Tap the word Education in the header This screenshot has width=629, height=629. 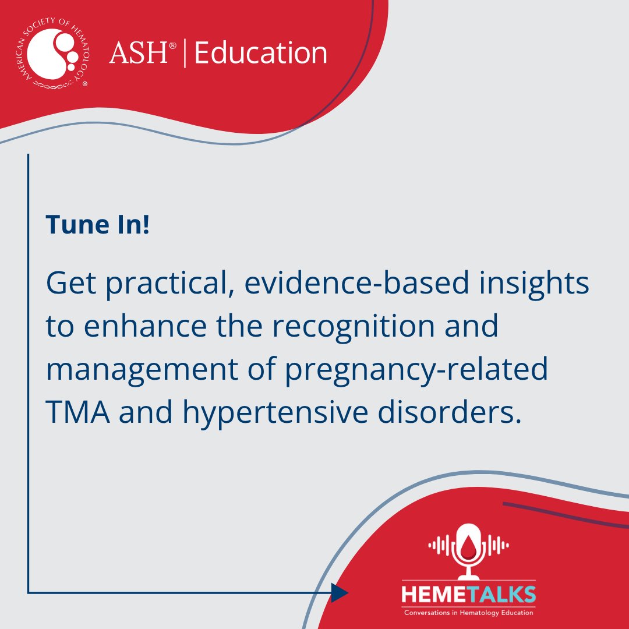click(261, 53)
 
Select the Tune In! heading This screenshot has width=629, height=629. click(97, 224)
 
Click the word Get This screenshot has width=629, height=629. click(71, 283)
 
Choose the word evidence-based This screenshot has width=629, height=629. click(356, 282)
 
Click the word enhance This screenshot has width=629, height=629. click(145, 326)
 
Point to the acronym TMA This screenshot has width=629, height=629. click(78, 412)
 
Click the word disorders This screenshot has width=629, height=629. click(450, 412)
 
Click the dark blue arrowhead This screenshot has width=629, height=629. click(340, 592)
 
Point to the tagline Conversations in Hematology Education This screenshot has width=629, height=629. click(468, 613)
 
